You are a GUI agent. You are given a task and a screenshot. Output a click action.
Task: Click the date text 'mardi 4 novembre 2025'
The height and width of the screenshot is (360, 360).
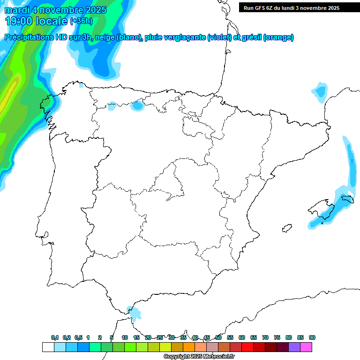pyautogui.click(x=55, y=10)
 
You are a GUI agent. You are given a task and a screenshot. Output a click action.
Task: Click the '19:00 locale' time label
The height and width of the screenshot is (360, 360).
pyautogui.click(x=37, y=21)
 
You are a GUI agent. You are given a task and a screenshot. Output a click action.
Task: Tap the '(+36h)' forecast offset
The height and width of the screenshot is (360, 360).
pyautogui.click(x=81, y=21)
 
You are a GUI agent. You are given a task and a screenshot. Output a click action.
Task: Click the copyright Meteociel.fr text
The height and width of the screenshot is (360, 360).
pyautogui.click(x=199, y=357)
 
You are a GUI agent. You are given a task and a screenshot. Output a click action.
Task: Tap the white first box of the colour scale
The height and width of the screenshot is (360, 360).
pyautogui.click(x=48, y=347)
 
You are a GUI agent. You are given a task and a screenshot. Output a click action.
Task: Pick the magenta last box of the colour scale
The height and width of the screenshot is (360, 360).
pyautogui.click(x=306, y=347)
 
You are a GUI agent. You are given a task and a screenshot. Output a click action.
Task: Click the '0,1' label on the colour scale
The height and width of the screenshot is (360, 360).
pyautogui.click(x=54, y=337)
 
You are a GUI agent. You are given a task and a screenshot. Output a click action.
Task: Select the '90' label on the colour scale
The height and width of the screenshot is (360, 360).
pyautogui.click(x=312, y=337)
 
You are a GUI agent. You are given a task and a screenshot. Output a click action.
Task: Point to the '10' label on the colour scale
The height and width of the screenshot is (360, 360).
pyautogui.click(x=125, y=337)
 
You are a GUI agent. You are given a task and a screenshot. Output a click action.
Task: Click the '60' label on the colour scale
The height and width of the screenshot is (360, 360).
pyautogui.click(x=242, y=337)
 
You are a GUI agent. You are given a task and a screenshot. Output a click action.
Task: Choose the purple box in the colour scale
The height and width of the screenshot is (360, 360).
pyautogui.click(x=294, y=347)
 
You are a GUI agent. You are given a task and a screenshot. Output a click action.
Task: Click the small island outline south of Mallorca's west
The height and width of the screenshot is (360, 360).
pyautogui.click(x=285, y=229)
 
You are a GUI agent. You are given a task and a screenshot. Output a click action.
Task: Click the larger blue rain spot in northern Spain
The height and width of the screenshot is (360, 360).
pyautogui.click(x=137, y=105)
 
